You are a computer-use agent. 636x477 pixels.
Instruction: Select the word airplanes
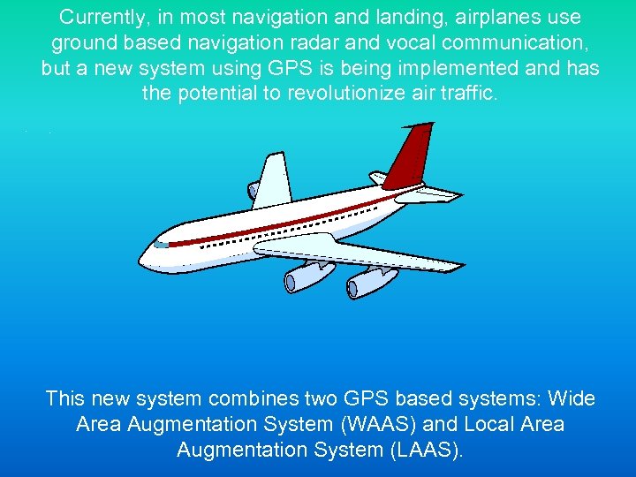[x=508, y=18]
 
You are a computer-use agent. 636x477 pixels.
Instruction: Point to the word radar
[x=346, y=43]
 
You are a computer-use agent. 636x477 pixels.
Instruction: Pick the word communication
[x=521, y=43]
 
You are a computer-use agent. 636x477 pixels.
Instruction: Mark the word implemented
[x=469, y=69]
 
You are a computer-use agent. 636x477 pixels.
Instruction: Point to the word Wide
[x=572, y=399]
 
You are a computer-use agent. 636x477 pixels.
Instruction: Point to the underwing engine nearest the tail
[x=371, y=281]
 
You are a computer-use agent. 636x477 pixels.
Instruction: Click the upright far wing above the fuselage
[x=273, y=181]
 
